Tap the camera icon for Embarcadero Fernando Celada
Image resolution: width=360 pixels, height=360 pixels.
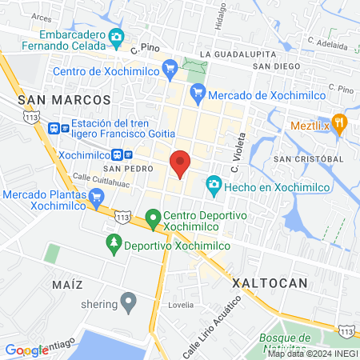(117, 37)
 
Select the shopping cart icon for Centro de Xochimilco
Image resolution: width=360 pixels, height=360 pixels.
(169, 68)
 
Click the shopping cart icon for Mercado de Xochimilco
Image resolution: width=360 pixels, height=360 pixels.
(198, 94)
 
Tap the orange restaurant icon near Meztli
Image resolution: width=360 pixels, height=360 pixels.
(340, 122)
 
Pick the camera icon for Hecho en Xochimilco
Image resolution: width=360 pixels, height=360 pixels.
(214, 185)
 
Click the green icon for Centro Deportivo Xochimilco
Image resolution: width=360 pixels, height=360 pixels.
(153, 217)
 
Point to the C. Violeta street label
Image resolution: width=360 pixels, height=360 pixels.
(236, 155)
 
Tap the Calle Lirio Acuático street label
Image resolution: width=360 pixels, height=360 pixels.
(211, 327)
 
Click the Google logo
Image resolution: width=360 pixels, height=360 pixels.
(27, 350)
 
